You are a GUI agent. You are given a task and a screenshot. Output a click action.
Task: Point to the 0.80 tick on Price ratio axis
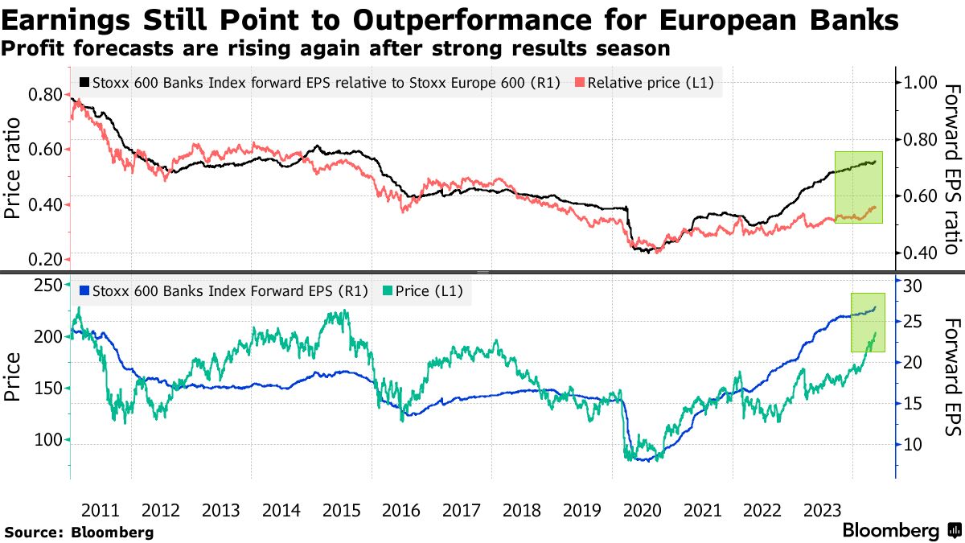(44, 94)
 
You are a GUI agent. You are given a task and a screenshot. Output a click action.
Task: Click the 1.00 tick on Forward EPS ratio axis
(921, 82)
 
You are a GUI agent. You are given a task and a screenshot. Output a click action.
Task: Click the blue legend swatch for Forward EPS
(85, 291)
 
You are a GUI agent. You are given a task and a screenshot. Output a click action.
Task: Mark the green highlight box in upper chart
(858, 187)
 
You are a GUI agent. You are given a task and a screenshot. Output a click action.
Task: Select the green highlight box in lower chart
(868, 322)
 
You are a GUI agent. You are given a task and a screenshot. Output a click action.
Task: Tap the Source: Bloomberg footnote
(79, 532)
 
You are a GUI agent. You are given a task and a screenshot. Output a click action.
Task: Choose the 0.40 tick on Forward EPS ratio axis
(921, 253)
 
